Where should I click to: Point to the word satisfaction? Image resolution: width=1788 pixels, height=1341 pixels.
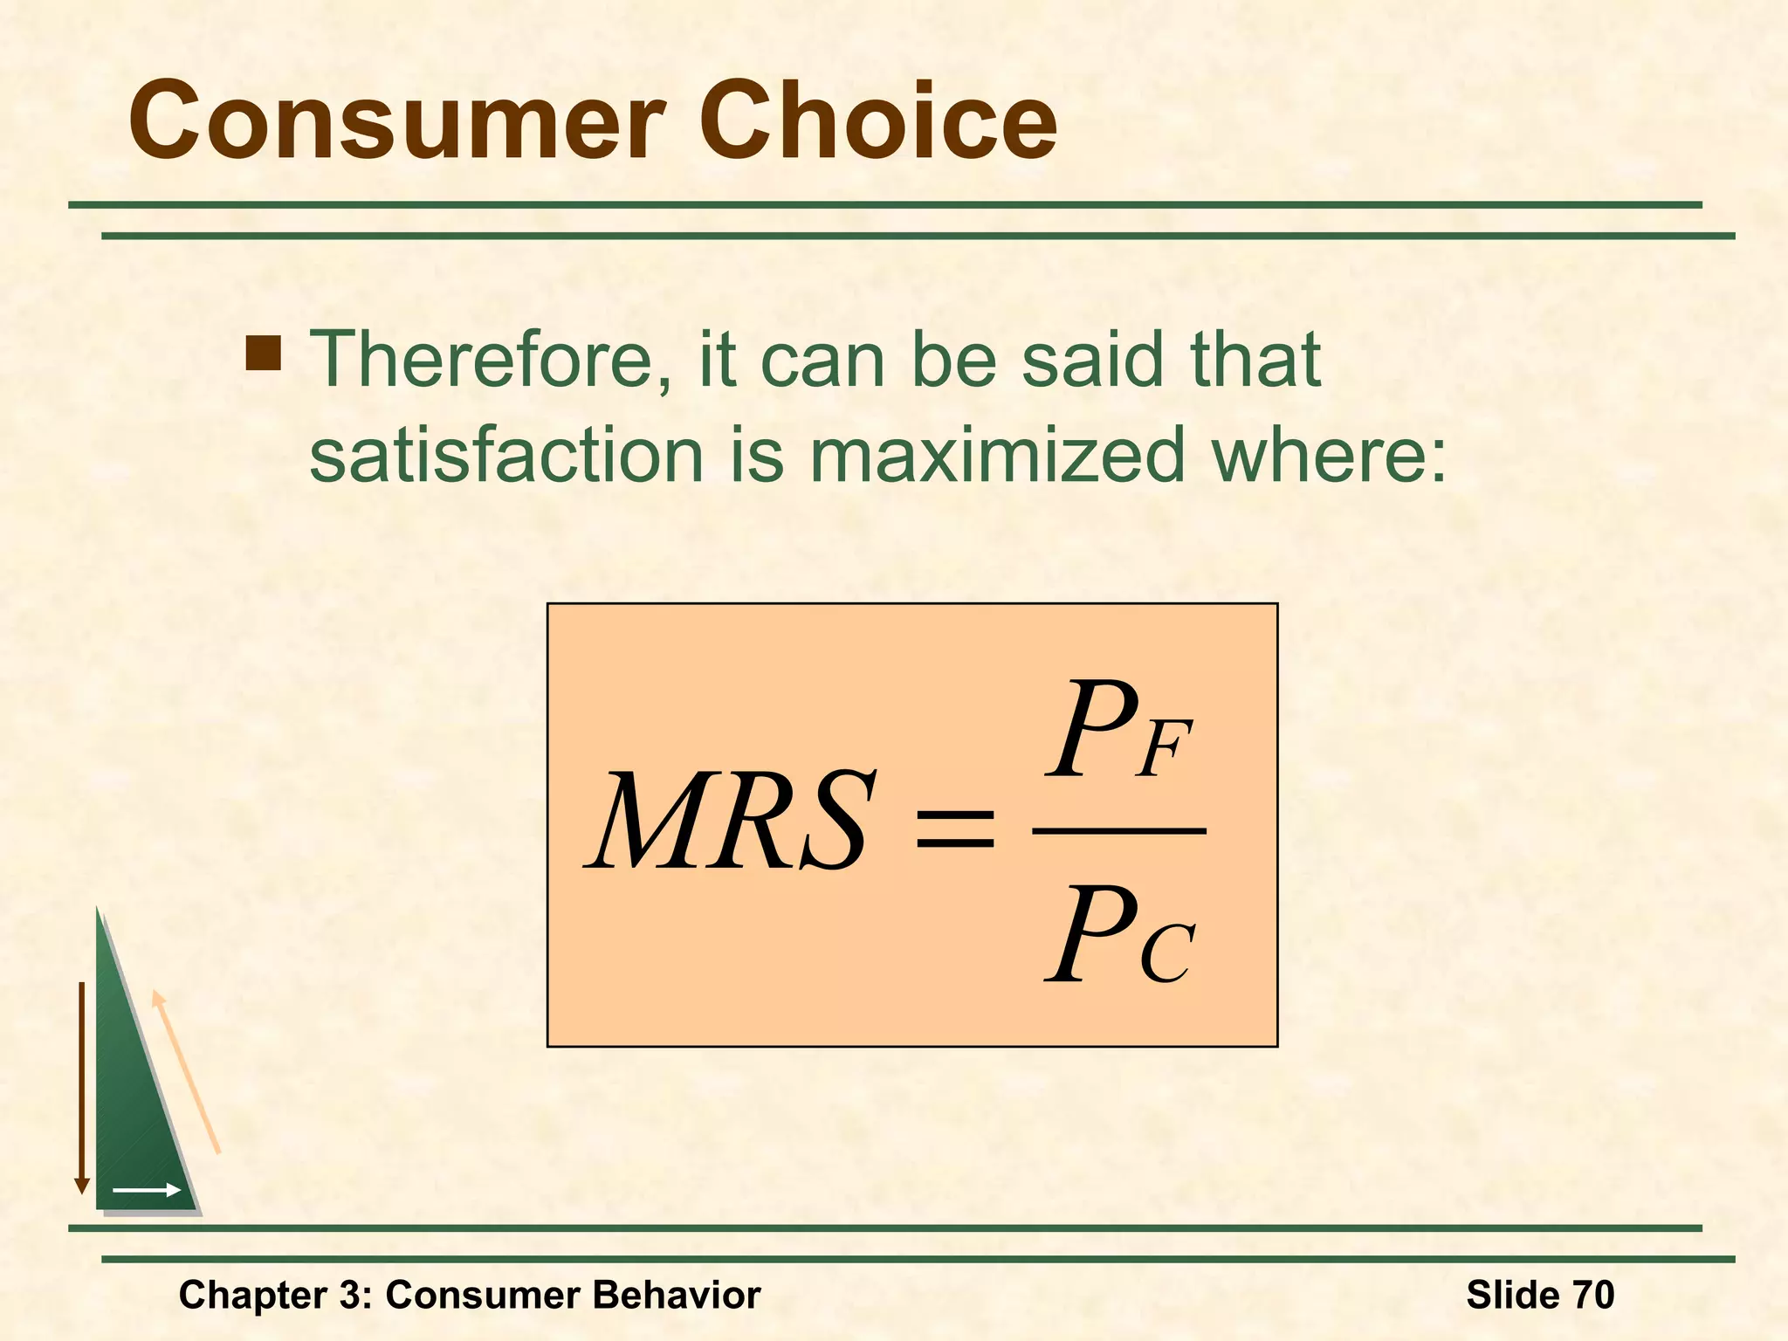[x=506, y=455]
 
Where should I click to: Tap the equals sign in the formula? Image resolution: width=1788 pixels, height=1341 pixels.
[x=953, y=828]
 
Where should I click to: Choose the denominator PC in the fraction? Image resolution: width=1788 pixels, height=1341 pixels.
[x=1119, y=936]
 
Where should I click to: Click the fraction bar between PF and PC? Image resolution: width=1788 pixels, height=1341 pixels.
[x=1119, y=831]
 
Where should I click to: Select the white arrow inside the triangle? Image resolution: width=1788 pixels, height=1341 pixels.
[x=147, y=1190]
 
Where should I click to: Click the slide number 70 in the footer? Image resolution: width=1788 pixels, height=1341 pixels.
[x=1593, y=1295]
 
